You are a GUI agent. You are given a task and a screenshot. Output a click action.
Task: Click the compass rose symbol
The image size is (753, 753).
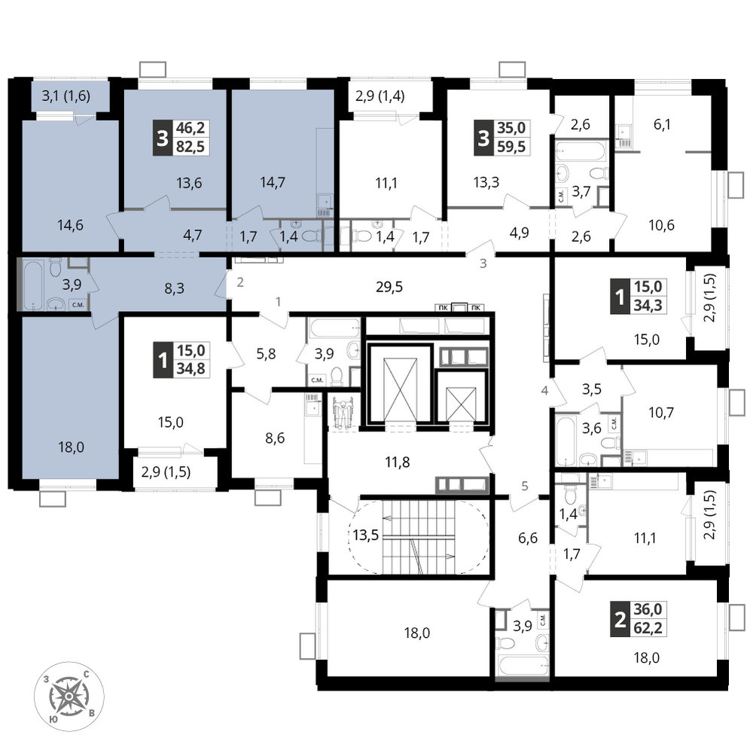[69, 696]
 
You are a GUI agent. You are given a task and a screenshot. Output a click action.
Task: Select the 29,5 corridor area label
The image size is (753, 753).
[389, 287]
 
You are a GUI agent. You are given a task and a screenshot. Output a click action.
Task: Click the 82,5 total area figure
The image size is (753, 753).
[191, 146]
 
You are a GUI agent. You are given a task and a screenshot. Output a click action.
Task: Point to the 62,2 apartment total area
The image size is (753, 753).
[648, 627]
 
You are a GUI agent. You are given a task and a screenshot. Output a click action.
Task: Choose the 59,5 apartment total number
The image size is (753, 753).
[511, 146]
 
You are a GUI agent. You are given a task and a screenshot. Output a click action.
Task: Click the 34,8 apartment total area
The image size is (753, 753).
[191, 368]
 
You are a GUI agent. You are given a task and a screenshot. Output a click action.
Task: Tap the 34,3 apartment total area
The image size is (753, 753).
[648, 304]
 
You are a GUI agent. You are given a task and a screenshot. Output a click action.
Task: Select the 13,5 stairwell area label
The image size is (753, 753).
[365, 535]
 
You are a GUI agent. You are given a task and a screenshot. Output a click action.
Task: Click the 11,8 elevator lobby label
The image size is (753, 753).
[397, 462]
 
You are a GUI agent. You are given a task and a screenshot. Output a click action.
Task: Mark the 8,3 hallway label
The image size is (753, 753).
[175, 288]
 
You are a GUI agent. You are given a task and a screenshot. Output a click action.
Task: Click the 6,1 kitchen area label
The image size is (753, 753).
[662, 124]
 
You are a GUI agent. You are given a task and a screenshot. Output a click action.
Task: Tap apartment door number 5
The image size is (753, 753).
[525, 486]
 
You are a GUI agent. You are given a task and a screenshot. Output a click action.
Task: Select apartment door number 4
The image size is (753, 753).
[544, 390]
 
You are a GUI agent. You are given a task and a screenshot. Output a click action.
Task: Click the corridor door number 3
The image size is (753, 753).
[483, 263]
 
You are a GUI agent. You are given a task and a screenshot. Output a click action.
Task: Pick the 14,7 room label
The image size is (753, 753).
[273, 182]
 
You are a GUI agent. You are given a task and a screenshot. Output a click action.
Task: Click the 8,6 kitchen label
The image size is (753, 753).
[275, 438]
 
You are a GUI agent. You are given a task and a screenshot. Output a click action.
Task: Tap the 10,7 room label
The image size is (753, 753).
[661, 412]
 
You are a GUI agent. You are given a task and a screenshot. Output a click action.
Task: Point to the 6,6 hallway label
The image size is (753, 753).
[528, 538]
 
